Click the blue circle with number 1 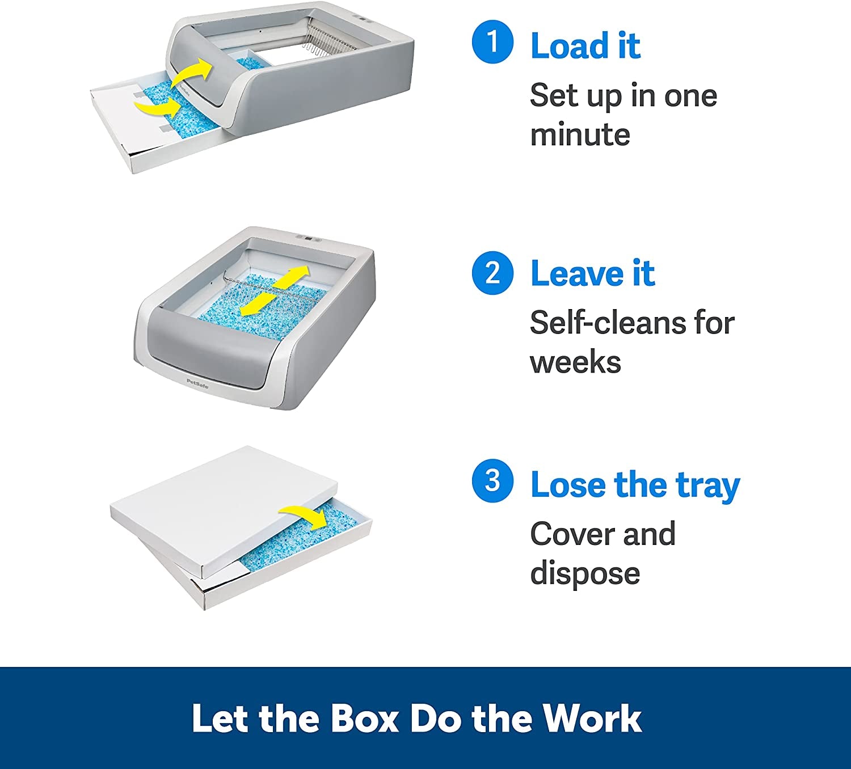point(492,42)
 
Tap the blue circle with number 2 point(492,273)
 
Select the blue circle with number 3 point(492,481)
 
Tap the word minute point(580,135)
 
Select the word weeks point(575,362)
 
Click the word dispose point(585,574)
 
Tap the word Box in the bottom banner point(364,718)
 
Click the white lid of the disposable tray point(224,511)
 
